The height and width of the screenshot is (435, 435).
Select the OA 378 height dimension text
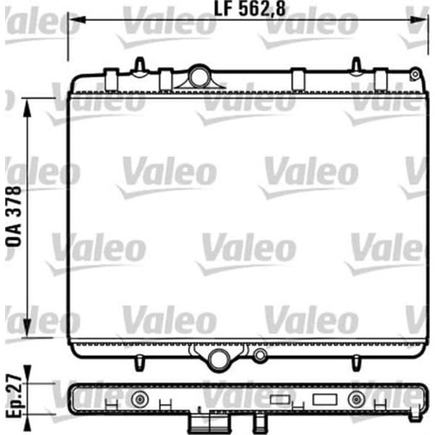click(14, 217)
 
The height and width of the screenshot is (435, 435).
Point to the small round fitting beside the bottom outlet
click(259, 356)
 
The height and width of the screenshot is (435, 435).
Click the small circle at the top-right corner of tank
click(414, 73)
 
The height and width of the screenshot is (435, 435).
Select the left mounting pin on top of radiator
click(138, 66)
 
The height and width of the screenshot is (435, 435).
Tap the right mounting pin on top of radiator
click(357, 66)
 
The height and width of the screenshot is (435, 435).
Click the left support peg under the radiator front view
click(138, 360)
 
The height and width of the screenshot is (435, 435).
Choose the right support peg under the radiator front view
click(355, 360)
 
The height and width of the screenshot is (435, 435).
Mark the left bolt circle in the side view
click(138, 399)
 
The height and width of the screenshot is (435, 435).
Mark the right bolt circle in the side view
click(355, 399)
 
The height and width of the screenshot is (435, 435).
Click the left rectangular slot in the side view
click(279, 399)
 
